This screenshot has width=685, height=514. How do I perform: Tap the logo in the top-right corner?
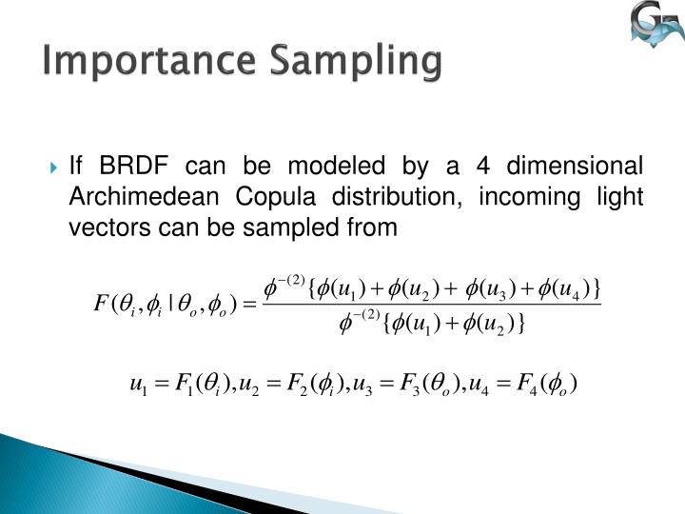[x=656, y=28]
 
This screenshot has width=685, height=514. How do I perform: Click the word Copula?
[x=262, y=198]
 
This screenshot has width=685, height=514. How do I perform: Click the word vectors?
[x=103, y=228]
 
